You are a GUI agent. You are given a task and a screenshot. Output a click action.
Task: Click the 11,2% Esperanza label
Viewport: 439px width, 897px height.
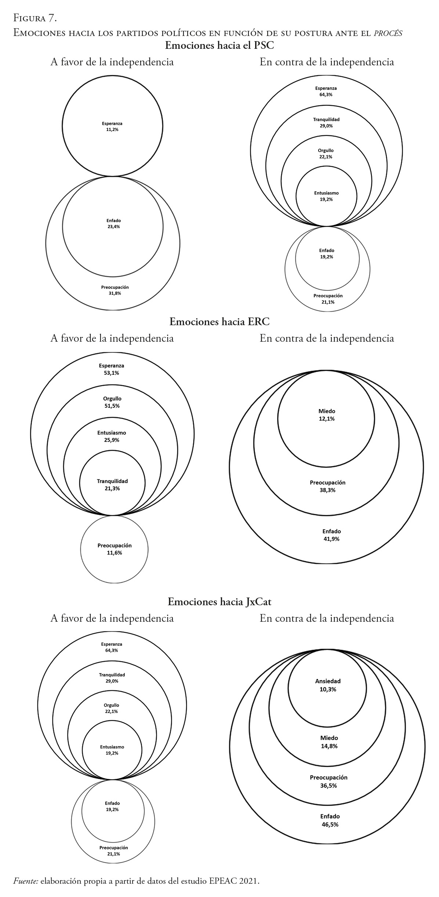click(x=112, y=127)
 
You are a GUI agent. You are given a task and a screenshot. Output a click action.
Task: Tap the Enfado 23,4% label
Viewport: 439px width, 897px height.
click(x=113, y=224)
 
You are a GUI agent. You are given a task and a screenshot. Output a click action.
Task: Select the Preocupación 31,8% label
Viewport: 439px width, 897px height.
click(x=115, y=290)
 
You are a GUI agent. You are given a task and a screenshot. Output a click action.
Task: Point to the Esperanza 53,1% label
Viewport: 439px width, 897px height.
click(x=111, y=369)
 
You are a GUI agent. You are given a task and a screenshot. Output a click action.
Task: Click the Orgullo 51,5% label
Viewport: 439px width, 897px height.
click(x=112, y=402)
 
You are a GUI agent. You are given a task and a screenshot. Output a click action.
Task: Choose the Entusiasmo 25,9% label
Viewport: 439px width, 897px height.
click(x=112, y=436)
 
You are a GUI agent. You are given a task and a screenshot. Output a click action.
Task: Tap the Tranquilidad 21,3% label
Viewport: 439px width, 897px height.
click(x=112, y=485)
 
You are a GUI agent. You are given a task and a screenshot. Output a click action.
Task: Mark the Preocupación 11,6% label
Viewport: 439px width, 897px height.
click(x=115, y=549)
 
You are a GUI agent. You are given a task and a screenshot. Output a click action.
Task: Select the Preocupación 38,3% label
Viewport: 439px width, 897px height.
click(x=327, y=486)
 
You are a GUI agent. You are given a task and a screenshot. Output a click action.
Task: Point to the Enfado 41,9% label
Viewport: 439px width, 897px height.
click(x=331, y=535)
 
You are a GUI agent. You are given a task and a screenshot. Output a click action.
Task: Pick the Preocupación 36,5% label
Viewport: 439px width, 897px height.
click(x=329, y=781)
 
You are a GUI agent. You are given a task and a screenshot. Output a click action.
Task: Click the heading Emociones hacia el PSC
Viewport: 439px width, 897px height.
click(x=219, y=46)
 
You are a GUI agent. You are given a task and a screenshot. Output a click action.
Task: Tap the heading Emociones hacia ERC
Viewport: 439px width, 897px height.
click(x=219, y=322)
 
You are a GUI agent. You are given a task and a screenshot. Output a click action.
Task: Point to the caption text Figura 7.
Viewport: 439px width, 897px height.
click(x=35, y=18)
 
